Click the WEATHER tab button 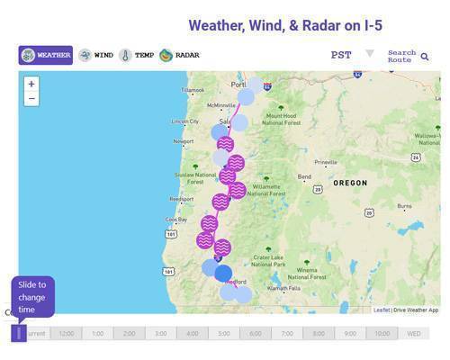point(46,55)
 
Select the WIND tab point(96,55)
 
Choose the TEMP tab point(137,55)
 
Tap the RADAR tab point(179,55)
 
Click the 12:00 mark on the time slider point(66,333)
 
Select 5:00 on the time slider point(224,333)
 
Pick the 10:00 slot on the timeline point(382,333)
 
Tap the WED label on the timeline point(413,333)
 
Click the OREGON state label point(350,183)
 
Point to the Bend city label point(304,176)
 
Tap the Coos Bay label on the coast point(176,219)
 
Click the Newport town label point(183,141)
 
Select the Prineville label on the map point(325,162)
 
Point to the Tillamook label point(193,90)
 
